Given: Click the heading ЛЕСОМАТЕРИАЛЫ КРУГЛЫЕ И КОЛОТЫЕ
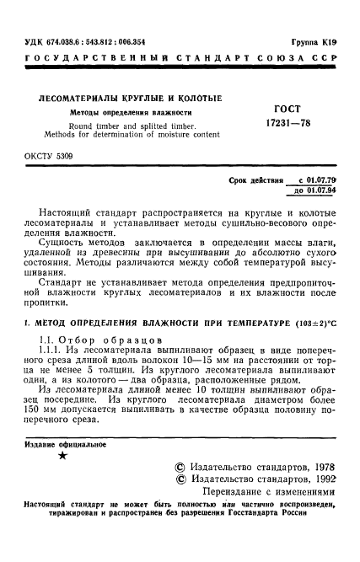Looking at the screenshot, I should [126, 99].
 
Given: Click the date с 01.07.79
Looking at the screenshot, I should [316, 180].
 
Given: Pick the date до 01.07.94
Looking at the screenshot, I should [315, 190].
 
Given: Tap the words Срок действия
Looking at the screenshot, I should [255, 180].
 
